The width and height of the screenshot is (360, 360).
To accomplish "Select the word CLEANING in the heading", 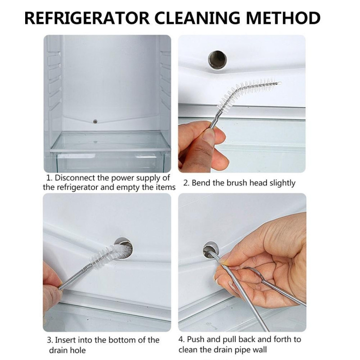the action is point(198,18).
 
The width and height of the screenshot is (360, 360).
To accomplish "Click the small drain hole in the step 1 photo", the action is point(95,121).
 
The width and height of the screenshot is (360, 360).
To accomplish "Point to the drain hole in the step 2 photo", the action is point(217,60).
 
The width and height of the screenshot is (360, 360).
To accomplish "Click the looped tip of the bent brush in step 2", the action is point(279,83).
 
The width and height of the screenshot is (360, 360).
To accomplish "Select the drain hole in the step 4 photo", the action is point(210,249).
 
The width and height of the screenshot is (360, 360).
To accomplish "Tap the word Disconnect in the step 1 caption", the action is point(74,178).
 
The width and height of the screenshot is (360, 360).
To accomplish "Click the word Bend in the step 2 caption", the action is point(201,183).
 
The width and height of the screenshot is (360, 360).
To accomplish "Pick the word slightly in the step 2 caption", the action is point(283,184).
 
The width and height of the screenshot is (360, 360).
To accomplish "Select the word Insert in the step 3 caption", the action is point(65,340).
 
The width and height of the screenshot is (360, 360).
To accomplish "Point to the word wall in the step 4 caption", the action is point(259,350).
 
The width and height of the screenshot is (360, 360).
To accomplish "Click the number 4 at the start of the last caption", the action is point(181,339).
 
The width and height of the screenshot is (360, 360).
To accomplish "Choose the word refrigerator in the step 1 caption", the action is point(76,188).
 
